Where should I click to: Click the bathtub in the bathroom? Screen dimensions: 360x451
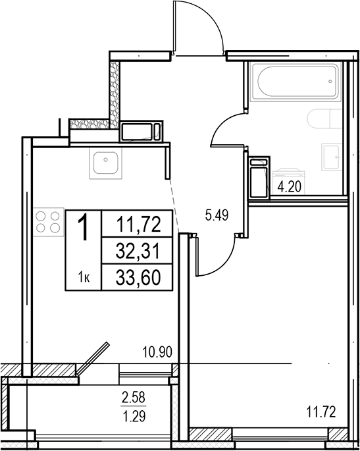click(x=296, y=82)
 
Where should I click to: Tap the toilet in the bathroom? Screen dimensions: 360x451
click(x=324, y=119)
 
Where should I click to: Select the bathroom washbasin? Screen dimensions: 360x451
click(x=332, y=157)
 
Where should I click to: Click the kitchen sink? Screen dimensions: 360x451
click(x=105, y=163)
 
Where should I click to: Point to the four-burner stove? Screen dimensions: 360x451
click(x=48, y=222)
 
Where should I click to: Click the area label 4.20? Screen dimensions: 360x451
click(x=290, y=187)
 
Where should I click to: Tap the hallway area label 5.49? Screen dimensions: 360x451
click(x=217, y=215)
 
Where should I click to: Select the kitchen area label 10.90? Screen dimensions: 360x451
click(x=157, y=352)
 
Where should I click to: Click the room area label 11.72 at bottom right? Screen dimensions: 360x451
click(x=321, y=412)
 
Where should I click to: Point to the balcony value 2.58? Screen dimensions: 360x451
click(x=134, y=398)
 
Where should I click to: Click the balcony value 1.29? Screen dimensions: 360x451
click(x=134, y=416)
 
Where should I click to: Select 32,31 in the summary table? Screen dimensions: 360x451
click(x=138, y=251)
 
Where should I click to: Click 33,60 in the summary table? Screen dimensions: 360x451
click(x=138, y=278)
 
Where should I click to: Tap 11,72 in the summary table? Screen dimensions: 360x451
click(x=138, y=225)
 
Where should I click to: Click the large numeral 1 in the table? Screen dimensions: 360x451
click(x=84, y=228)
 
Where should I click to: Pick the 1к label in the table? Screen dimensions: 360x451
click(x=84, y=278)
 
